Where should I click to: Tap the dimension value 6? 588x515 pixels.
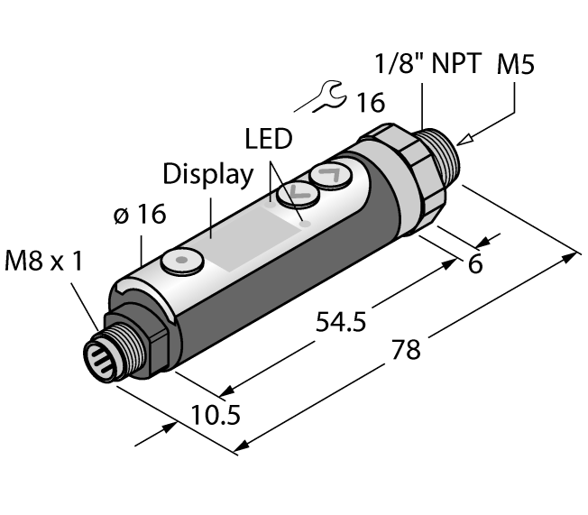click(x=475, y=266)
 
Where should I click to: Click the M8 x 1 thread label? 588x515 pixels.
click(x=42, y=262)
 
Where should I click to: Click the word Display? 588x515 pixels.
click(x=208, y=174)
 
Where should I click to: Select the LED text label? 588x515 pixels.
click(x=269, y=139)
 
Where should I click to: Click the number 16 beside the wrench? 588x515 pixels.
click(x=368, y=103)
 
